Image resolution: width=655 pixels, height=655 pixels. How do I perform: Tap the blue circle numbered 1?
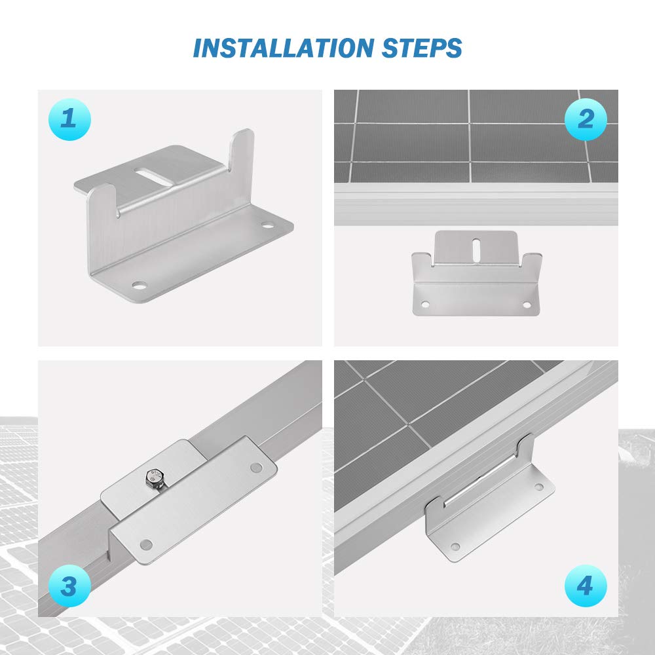(x=69, y=119)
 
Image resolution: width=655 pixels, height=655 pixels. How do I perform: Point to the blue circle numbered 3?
(x=69, y=585)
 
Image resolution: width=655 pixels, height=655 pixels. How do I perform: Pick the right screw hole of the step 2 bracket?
(x=526, y=305)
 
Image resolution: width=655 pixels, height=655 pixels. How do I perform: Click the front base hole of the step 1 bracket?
(x=139, y=285)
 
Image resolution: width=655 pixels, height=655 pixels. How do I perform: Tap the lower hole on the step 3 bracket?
(x=146, y=544)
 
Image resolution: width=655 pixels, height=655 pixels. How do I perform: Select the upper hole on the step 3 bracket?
(x=256, y=468)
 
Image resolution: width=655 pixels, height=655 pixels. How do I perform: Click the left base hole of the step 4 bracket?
(x=457, y=546)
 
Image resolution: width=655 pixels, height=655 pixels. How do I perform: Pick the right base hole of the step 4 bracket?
(x=538, y=487)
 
